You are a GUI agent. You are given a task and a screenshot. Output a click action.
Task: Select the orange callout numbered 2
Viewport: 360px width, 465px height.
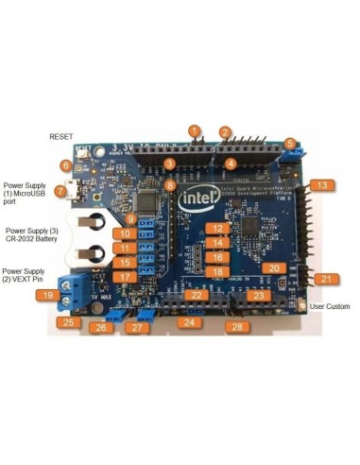coord(225,133)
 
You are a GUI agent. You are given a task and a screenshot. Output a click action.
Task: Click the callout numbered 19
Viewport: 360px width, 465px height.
coord(45,295)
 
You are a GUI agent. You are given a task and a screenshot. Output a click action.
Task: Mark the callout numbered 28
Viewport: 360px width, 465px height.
coord(237,326)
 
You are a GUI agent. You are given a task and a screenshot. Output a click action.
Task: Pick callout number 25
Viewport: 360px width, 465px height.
coord(65,322)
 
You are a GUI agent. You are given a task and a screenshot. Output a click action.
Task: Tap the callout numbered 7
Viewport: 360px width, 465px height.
coord(60,191)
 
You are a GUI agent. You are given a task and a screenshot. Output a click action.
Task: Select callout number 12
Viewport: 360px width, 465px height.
coord(217,229)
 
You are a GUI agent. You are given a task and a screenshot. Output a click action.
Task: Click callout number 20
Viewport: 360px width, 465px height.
coord(272,268)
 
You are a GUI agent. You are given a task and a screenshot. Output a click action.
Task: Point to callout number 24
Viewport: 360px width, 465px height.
coord(189,322)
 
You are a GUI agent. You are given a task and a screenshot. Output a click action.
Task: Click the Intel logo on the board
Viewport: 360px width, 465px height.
coord(197,199)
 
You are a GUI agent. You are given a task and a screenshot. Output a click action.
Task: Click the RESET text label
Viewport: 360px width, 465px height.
coord(60,137)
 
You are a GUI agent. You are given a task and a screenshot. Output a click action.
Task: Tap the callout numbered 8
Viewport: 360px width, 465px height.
coord(170,185)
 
